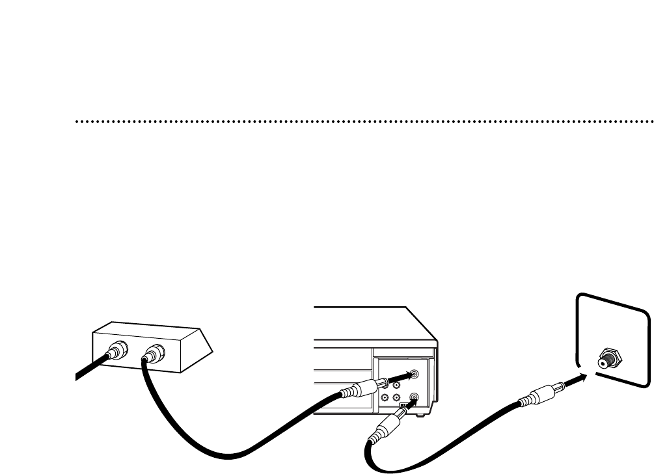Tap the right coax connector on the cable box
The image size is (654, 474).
(x=154, y=354)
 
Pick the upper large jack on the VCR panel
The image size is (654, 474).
(x=415, y=375)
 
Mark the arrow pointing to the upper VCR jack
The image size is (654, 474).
(x=400, y=376)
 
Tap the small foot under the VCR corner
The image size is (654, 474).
(x=423, y=414)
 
